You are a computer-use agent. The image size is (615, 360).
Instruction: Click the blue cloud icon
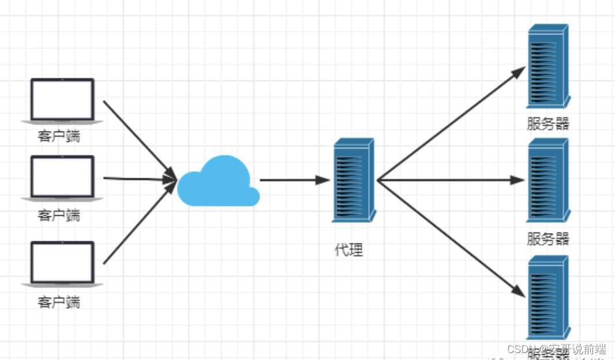click(x=218, y=182)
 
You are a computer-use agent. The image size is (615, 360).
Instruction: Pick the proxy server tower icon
click(x=353, y=180)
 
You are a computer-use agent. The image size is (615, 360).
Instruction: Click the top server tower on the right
click(x=547, y=66)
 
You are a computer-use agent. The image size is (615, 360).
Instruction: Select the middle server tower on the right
click(x=547, y=180)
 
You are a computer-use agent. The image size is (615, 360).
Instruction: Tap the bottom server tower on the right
click(x=547, y=297)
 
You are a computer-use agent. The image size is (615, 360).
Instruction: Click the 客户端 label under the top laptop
click(x=59, y=137)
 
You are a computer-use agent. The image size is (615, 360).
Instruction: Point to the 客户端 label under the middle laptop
click(x=59, y=216)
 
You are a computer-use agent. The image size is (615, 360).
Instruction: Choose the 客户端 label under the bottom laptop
click(x=59, y=302)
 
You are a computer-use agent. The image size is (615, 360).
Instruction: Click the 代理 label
click(x=349, y=250)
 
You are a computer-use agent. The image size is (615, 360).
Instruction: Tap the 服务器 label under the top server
click(x=547, y=124)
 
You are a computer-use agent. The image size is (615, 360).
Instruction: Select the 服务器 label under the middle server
click(x=547, y=238)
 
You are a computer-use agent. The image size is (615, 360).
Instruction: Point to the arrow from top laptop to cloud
click(x=138, y=139)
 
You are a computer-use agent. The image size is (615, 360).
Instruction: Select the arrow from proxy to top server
click(x=450, y=123)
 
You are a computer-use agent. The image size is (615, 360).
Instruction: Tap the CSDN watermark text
click(x=556, y=349)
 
